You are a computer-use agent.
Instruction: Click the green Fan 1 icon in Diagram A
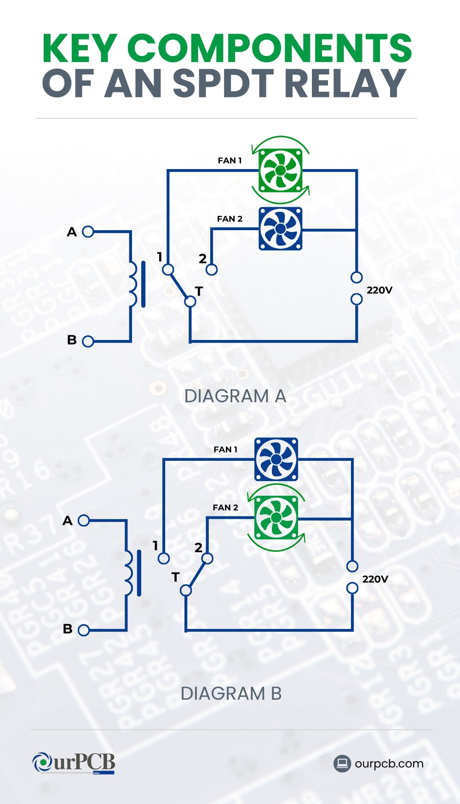tap(280, 170)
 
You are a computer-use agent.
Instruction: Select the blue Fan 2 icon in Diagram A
tap(280, 228)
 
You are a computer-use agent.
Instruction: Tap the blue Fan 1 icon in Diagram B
tap(276, 459)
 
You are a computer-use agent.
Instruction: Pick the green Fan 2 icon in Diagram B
tap(276, 518)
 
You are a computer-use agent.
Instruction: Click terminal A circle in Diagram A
tap(88, 232)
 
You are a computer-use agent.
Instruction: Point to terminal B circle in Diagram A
tap(88, 341)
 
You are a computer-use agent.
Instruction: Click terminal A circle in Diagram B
tap(84, 521)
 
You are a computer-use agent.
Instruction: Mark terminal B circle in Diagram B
tap(84, 630)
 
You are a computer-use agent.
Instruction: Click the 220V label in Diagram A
tap(379, 290)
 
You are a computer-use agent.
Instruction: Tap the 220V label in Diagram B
tap(375, 579)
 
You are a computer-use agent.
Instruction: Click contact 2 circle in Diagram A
tap(212, 270)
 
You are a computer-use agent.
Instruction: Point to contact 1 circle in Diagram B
tap(164, 559)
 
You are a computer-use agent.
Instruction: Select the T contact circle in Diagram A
tap(190, 301)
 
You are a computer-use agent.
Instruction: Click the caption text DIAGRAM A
tap(235, 396)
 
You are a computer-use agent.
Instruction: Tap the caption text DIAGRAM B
tap(231, 694)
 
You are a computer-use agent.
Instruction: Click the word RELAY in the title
tap(345, 84)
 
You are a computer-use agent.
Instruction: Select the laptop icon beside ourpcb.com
tap(342, 764)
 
